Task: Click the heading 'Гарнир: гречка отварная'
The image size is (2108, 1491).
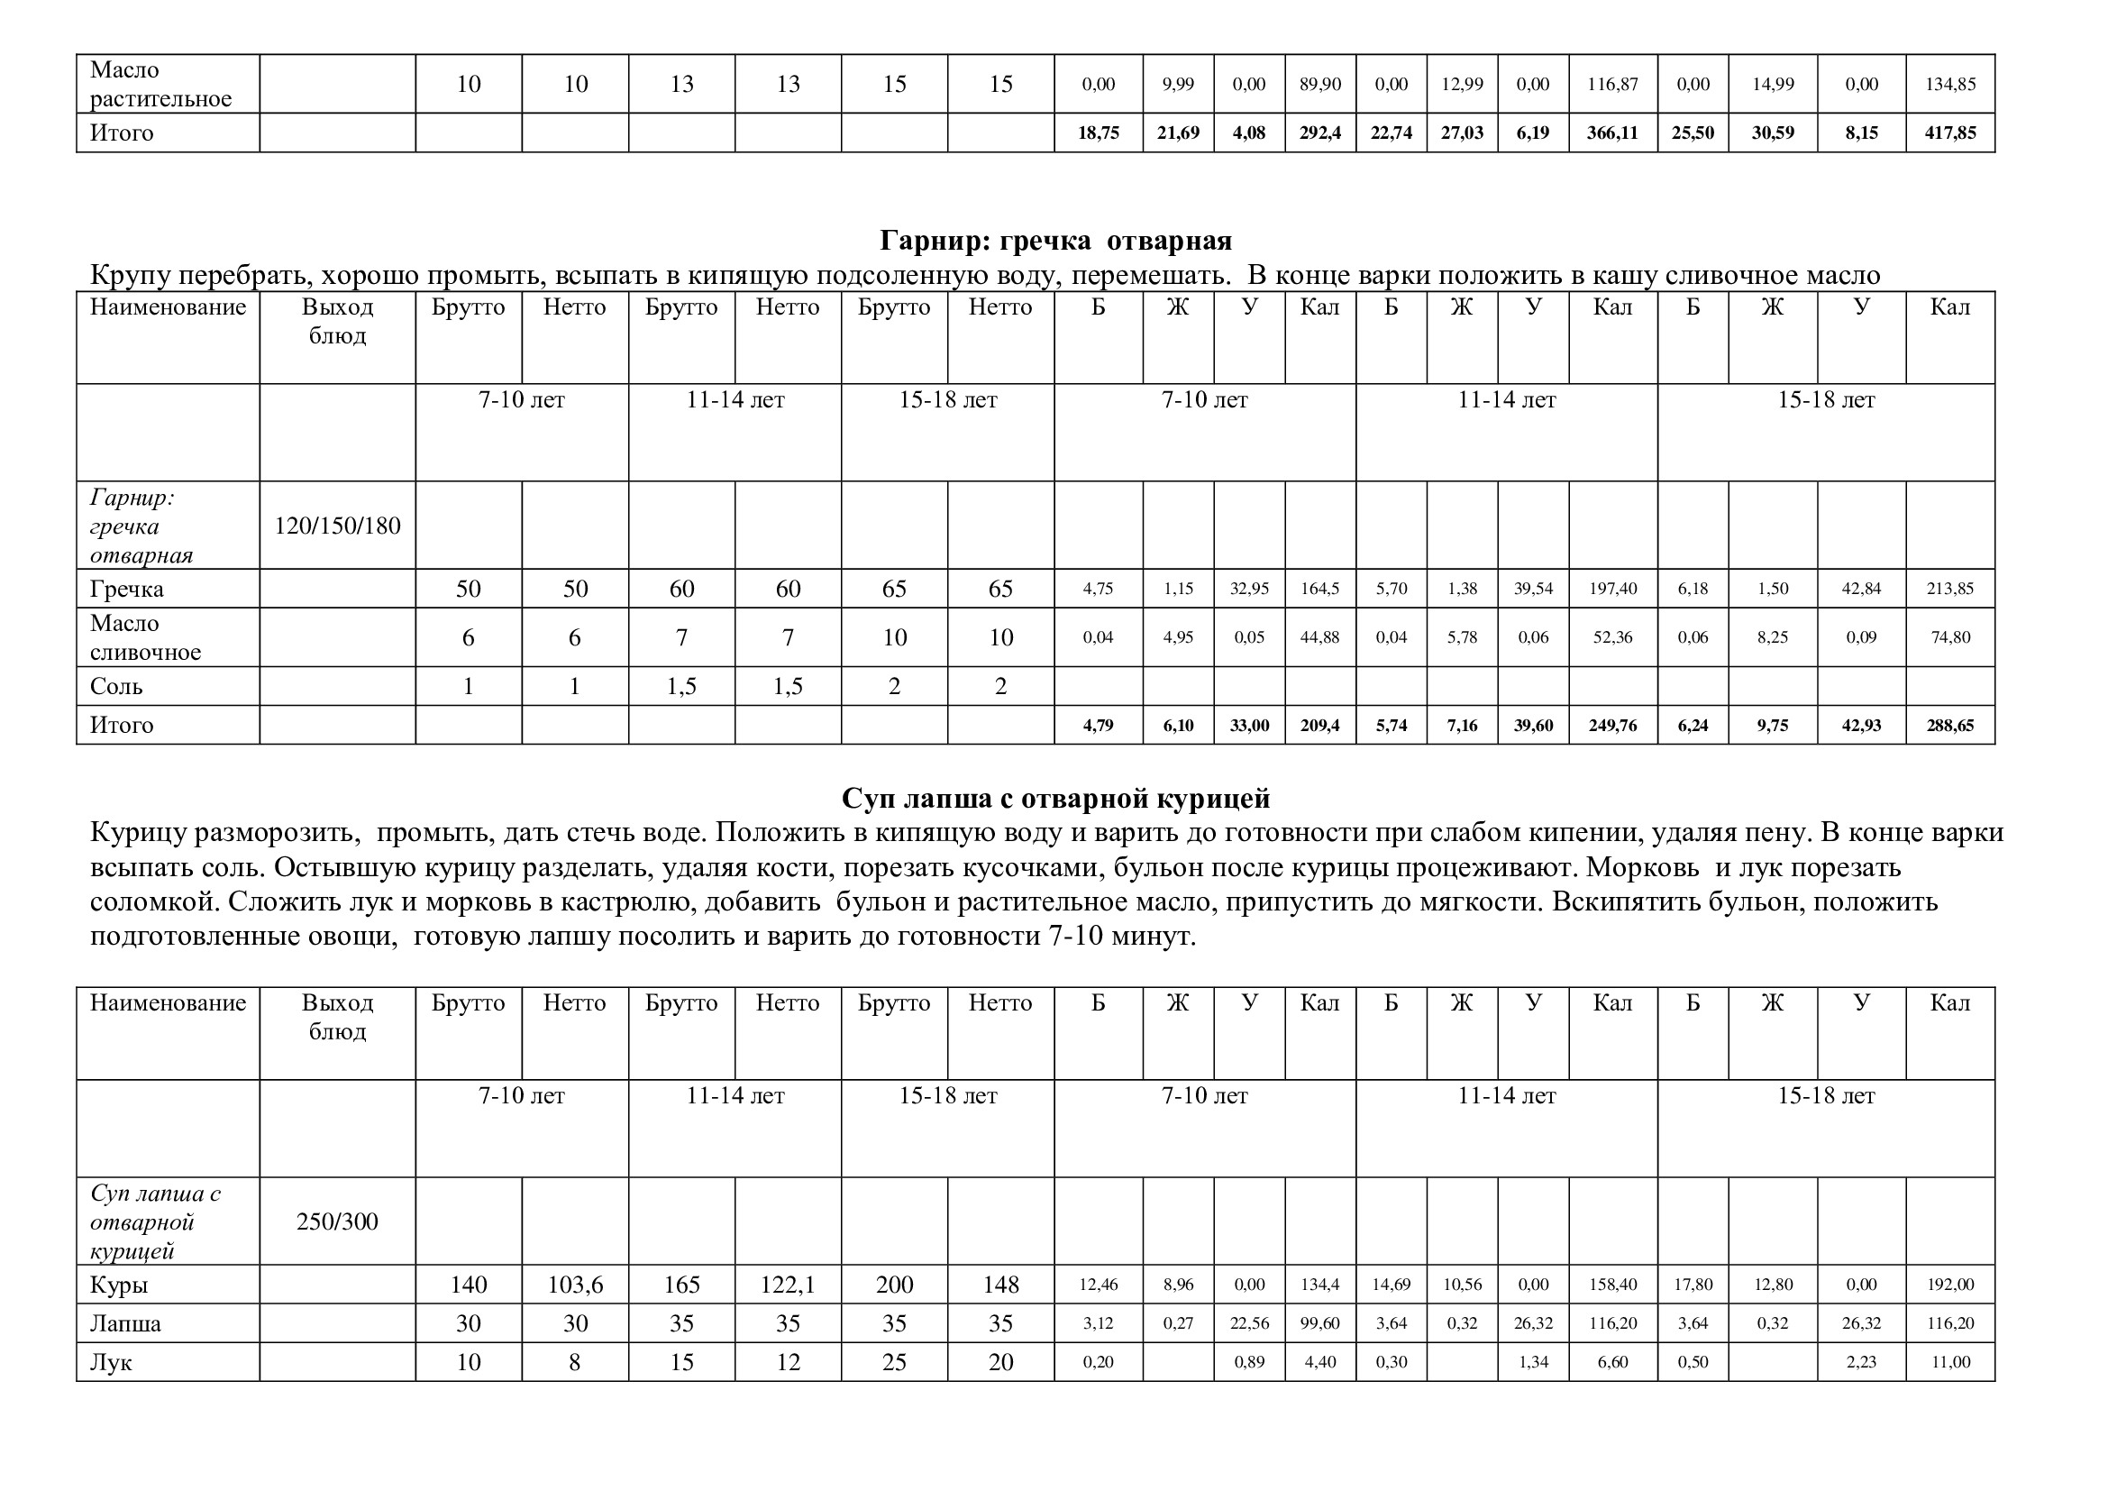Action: click(x=1055, y=241)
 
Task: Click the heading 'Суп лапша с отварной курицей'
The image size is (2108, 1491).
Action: click(x=1055, y=799)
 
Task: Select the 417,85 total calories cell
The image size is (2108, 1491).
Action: click(x=1950, y=133)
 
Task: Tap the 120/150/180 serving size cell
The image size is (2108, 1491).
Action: click(x=337, y=526)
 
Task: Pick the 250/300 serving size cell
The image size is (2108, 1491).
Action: click(x=337, y=1221)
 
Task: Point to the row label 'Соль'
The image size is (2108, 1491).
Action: click(x=116, y=686)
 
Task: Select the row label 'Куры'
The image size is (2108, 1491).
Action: click(x=118, y=1285)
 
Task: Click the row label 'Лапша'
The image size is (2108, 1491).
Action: click(x=126, y=1323)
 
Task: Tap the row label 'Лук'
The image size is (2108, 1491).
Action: click(x=111, y=1361)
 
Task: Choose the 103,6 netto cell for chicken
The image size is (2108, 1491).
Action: click(x=575, y=1285)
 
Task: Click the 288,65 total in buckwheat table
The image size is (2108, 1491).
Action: click(x=1950, y=726)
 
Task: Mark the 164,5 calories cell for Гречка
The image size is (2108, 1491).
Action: click(x=1319, y=589)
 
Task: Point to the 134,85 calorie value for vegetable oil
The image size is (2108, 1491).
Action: click(x=1950, y=85)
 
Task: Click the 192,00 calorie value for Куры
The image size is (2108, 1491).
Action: click(x=1950, y=1285)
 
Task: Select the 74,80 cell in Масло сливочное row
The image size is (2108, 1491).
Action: click(x=1950, y=637)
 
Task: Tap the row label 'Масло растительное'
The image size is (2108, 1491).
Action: click(x=160, y=85)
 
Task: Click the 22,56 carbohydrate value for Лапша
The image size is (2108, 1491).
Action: click(x=1248, y=1323)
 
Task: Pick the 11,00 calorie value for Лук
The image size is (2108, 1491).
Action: click(x=1950, y=1361)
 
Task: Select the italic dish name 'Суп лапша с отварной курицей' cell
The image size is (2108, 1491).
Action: click(x=155, y=1221)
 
